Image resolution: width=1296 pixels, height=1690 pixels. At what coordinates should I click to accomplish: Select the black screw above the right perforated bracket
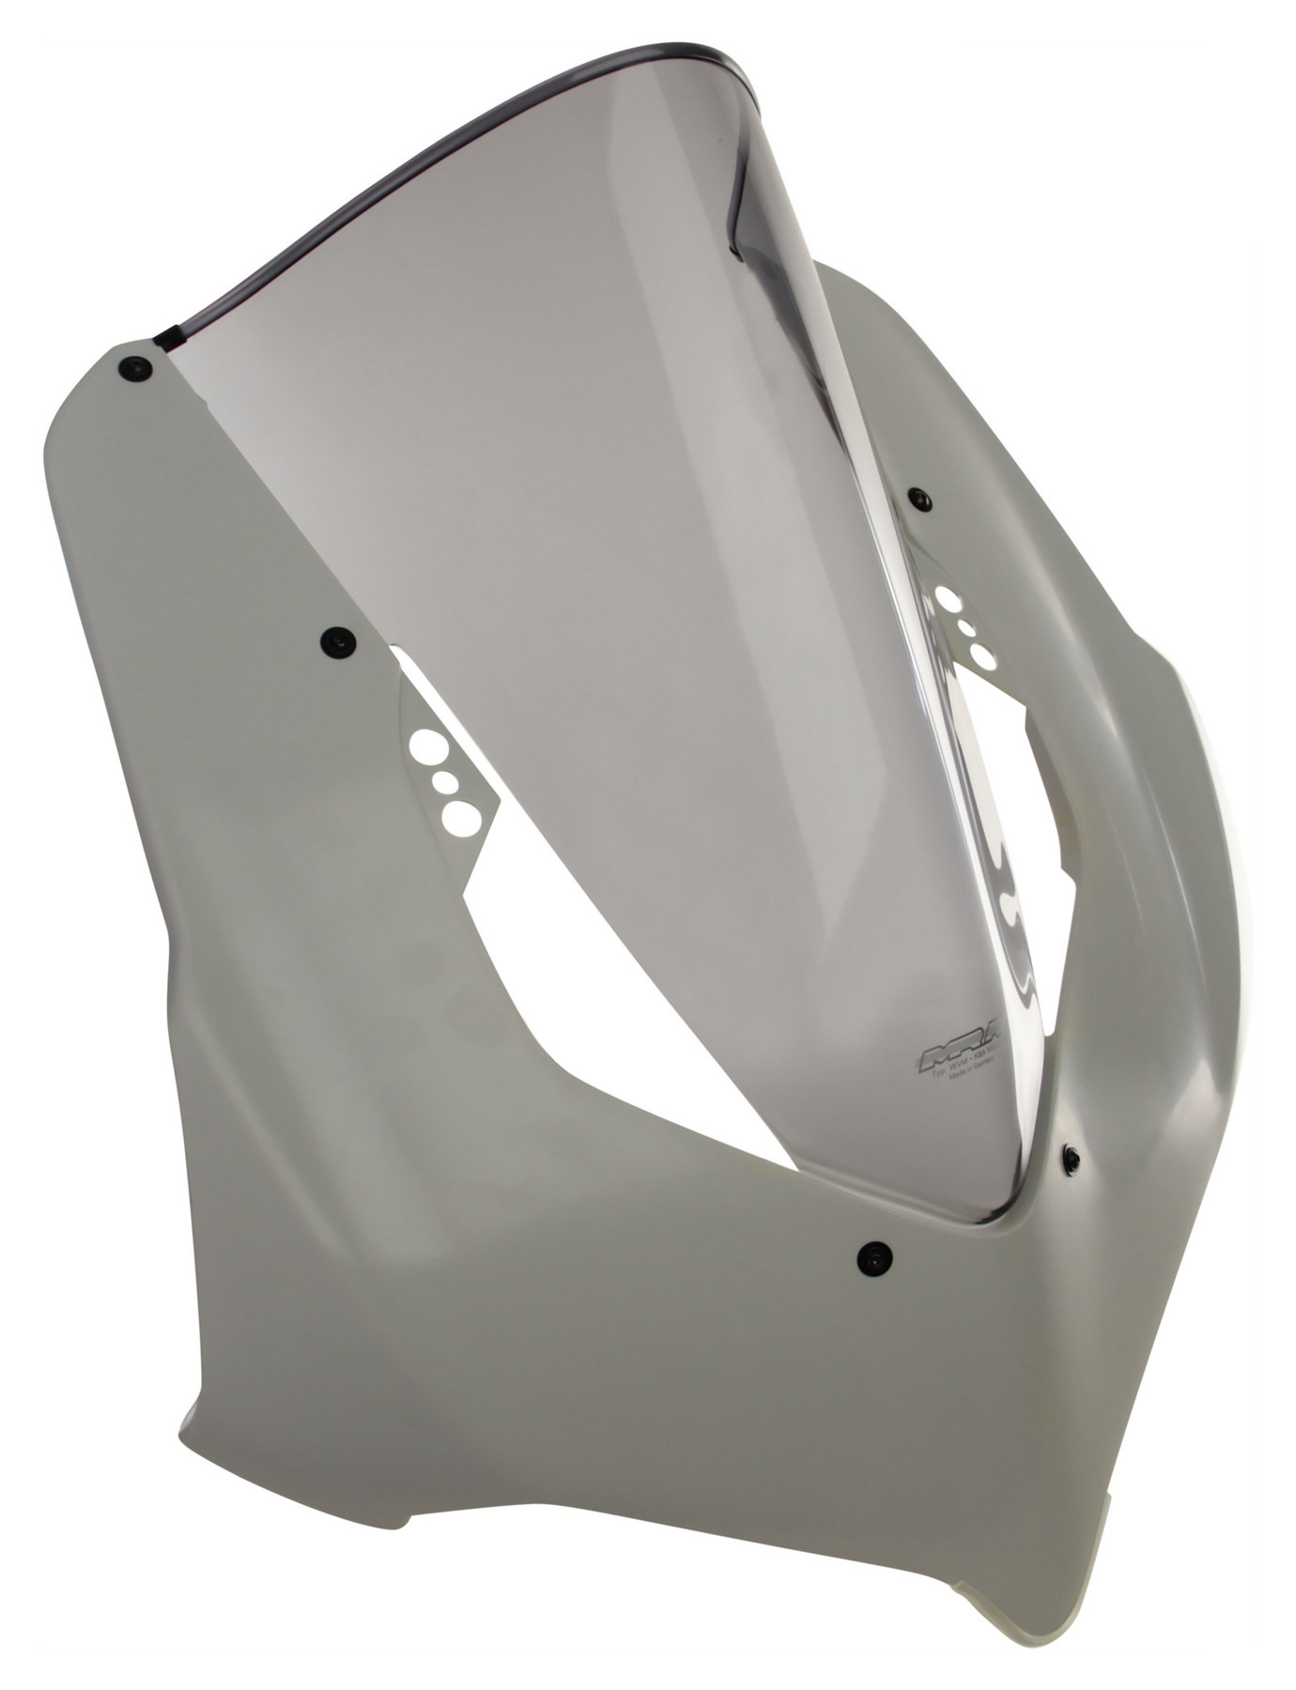[x=918, y=499]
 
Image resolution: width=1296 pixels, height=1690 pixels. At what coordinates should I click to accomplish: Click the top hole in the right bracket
[x=949, y=597]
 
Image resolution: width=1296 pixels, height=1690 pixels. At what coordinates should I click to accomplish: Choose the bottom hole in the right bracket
[x=982, y=654]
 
